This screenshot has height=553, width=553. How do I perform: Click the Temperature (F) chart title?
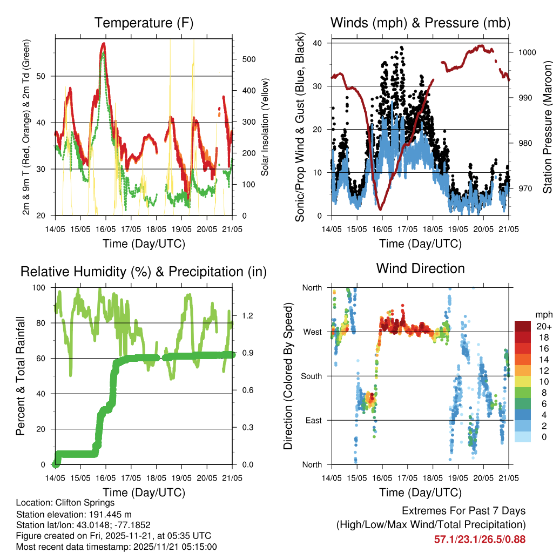click(x=144, y=23)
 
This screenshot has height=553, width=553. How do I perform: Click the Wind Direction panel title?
click(x=420, y=268)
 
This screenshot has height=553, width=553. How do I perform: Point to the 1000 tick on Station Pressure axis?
click(x=527, y=52)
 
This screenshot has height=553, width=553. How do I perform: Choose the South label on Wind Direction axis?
click(x=311, y=376)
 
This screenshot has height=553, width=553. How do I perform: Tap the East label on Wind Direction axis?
click(x=313, y=421)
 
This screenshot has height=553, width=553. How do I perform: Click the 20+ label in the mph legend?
click(x=542, y=327)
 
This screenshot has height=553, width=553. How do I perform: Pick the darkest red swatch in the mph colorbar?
click(x=522, y=327)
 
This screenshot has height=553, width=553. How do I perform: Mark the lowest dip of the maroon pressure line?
click(x=380, y=209)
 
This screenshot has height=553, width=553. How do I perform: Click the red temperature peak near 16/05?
click(x=103, y=44)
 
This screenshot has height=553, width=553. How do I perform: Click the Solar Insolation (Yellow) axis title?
click(x=265, y=128)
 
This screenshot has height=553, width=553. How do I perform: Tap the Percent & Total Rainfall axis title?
click(x=21, y=376)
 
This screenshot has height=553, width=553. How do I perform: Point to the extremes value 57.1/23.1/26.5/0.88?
click(x=480, y=539)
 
